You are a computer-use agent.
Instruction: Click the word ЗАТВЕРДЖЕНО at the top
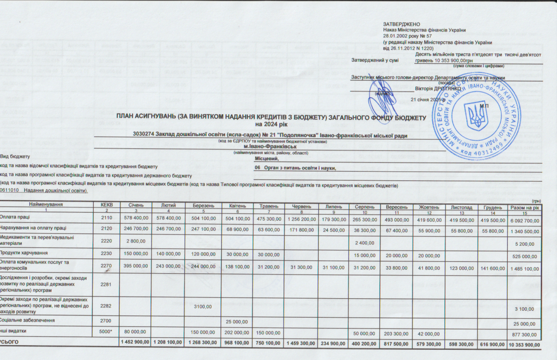[x=402, y=24]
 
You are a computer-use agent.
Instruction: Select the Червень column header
[x=298, y=206]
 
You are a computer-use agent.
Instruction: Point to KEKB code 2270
[x=106, y=266]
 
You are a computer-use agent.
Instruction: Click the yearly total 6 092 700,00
[x=525, y=219]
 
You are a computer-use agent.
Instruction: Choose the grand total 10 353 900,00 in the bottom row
[x=525, y=344]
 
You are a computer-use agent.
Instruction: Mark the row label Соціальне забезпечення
[x=27, y=321]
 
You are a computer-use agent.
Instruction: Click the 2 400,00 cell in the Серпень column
[x=364, y=241]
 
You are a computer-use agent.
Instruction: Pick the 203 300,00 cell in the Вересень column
[x=396, y=333]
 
